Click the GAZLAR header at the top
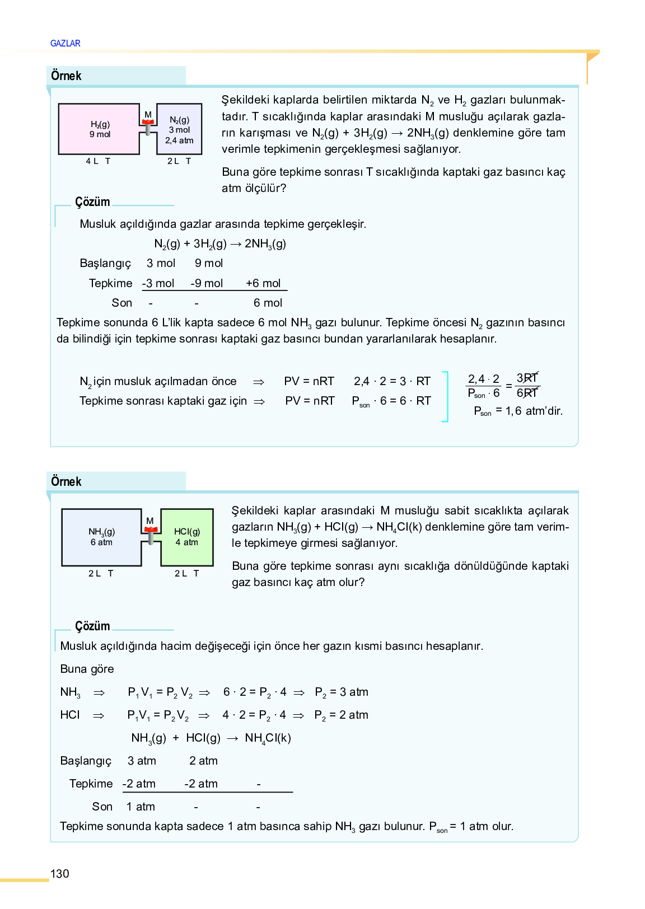65,43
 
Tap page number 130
60,874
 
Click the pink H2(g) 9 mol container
99,129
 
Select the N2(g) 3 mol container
179,129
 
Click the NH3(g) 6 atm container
101,537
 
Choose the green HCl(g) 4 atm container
187,537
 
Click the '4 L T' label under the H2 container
98,161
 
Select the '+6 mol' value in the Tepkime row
263,283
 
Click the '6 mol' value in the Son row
268,303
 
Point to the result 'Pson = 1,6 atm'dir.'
518,411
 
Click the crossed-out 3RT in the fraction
527,378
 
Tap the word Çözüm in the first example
92,202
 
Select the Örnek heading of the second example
66,481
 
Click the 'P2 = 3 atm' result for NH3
342,692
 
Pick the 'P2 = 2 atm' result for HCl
341,715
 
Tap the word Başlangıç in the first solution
105,264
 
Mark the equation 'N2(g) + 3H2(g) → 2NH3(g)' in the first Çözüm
220,244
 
